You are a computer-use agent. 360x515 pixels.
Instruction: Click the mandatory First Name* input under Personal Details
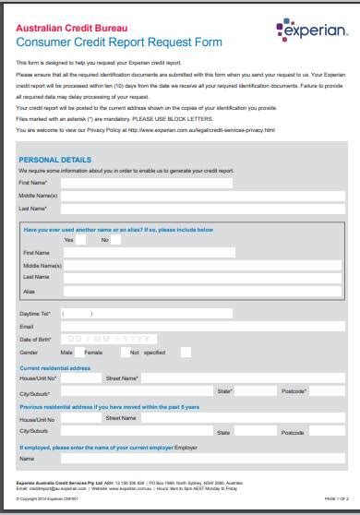coord(148,183)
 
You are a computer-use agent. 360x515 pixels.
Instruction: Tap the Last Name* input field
coord(148,209)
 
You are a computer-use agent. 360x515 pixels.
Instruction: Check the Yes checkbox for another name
coord(81,240)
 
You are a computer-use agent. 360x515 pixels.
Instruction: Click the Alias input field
coord(148,291)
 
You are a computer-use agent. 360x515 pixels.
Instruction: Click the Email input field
coord(148,326)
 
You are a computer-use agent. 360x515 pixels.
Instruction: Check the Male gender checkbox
coord(79,352)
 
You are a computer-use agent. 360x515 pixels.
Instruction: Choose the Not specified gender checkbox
coord(186,352)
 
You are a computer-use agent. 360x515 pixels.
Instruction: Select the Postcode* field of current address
coord(327,391)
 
